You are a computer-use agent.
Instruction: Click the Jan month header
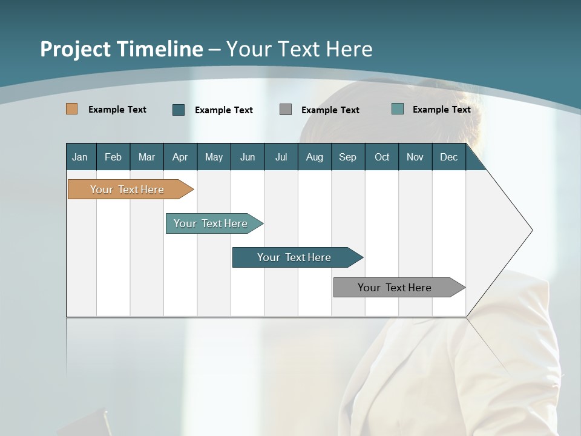click(x=80, y=157)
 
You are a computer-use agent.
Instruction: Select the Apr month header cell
click(x=180, y=157)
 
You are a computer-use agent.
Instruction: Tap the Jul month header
click(x=281, y=157)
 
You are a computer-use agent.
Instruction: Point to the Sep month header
click(x=348, y=157)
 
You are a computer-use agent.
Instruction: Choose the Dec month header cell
click(x=448, y=157)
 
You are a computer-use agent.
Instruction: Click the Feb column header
click(x=113, y=157)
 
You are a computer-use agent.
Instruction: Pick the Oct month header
click(x=382, y=157)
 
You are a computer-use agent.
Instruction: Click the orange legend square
click(x=72, y=109)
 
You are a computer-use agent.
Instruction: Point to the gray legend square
click(x=286, y=110)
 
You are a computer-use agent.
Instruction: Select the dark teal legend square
click(x=179, y=110)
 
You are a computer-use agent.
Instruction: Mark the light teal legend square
click(x=398, y=109)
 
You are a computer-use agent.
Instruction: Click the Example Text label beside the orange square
click(x=117, y=110)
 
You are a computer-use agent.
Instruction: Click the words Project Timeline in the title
click(x=121, y=49)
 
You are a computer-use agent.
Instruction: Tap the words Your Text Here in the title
click(x=299, y=49)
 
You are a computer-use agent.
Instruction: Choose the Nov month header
click(x=415, y=157)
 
